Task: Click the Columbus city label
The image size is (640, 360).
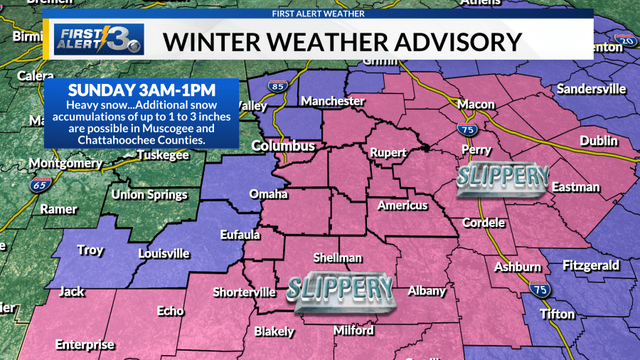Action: pos(284,147)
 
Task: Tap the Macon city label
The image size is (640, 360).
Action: pos(476,105)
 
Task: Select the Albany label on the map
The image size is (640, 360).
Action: pos(427,290)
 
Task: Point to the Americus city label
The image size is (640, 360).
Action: pos(402,206)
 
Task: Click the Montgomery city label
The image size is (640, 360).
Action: pos(65,164)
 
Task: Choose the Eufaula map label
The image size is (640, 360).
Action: pos(239,234)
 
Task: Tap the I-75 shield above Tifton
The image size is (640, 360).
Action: pos(538,288)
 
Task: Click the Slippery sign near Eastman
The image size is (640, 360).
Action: pos(503,177)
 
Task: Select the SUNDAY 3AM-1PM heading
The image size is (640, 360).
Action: pos(140,90)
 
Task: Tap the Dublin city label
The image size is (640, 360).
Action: pos(598,141)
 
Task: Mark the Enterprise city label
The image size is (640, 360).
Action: pos(85,345)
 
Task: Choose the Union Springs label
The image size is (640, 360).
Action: pos(149,194)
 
